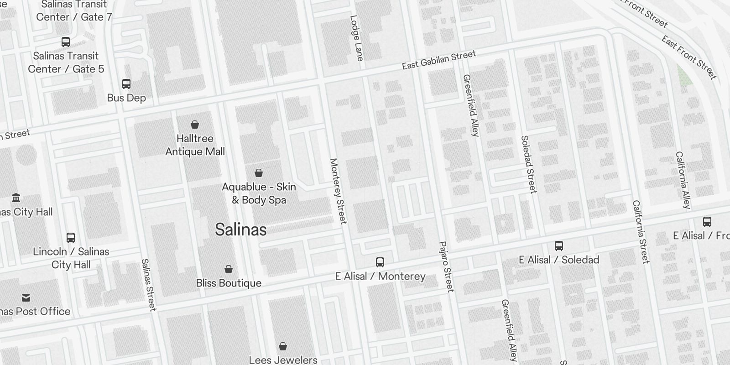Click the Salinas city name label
[240, 229]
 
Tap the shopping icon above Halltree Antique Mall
[195, 125]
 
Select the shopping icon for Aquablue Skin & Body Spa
[259, 173]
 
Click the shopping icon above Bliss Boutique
[229, 269]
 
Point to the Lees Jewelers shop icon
[283, 346]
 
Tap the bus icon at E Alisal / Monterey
[380, 262]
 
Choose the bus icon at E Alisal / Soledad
[558, 246]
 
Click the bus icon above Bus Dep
[126, 84]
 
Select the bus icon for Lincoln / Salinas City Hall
[71, 238]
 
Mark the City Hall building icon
[16, 198]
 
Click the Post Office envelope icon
[26, 298]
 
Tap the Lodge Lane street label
[356, 38]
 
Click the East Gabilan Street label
[438, 60]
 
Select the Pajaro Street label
[446, 266]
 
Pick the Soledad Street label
[528, 164]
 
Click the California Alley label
[683, 180]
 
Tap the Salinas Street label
[149, 285]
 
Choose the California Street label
[640, 231]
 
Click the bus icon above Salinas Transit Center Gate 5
[66, 42]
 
